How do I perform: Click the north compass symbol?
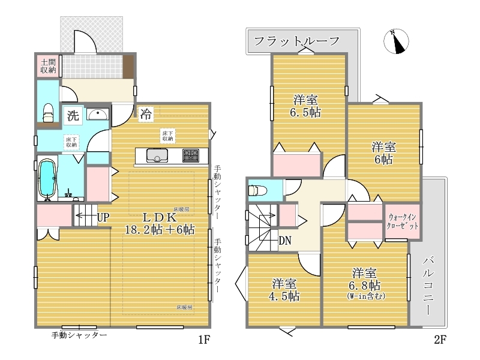(396, 41)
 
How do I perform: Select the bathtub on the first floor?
(47, 178)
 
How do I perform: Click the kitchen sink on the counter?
(157, 155)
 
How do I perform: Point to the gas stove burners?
(191, 155)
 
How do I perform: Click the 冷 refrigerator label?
(146, 114)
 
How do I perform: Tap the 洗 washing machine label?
(73, 115)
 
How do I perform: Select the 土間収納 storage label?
(49, 66)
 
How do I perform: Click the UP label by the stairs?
(103, 217)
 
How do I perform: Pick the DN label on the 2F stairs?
(285, 241)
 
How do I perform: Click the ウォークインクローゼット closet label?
(402, 221)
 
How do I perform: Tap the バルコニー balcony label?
(428, 286)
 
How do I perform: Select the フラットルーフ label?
(297, 41)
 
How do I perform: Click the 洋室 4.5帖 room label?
(284, 290)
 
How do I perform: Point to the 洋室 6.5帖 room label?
(305, 106)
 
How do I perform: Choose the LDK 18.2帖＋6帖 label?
(160, 223)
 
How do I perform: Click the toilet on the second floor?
(258, 191)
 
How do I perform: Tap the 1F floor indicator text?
(204, 340)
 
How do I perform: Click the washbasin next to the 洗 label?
(98, 115)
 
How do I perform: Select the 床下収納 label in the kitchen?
(168, 136)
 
